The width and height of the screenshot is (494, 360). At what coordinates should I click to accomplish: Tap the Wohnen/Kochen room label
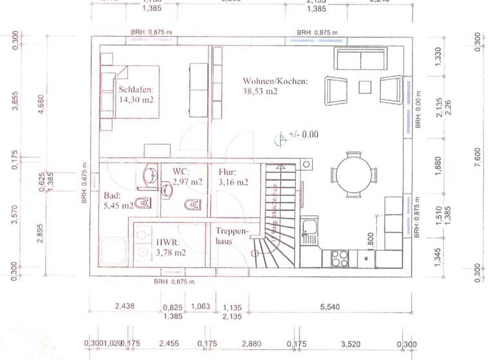pos(275,81)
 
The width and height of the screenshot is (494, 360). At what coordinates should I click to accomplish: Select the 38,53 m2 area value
pos(260,92)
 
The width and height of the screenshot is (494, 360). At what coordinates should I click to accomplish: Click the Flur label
pos(227,172)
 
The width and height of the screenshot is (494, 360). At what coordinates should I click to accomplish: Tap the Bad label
pos(112,196)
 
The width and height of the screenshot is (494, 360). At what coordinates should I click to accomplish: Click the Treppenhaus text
pos(228,236)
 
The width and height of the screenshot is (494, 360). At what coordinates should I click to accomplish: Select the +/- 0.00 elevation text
pos(304,135)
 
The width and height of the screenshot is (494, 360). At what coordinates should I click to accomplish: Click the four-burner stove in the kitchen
pos(340,258)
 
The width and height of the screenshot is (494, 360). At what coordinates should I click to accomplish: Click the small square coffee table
pos(365,87)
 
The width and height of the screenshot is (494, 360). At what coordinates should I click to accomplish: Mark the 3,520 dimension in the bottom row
pos(350,344)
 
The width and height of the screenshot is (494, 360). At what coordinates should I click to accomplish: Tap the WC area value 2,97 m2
pos(187,183)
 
